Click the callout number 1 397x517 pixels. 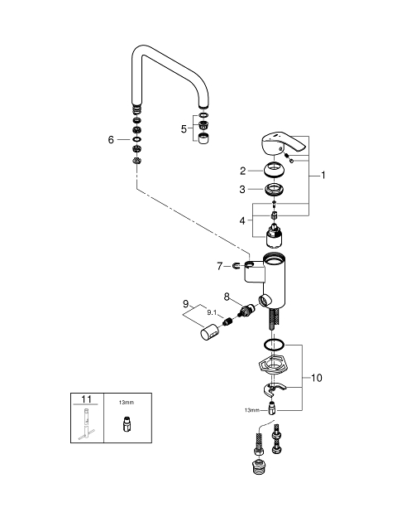pos(323,176)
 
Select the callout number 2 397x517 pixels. pos(243,171)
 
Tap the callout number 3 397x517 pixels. pos(242,190)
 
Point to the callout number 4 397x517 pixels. pos(242,220)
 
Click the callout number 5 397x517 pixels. pos(184,129)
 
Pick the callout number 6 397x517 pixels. pos(111,140)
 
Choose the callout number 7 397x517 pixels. pos(220,266)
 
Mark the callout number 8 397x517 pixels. pos(227,297)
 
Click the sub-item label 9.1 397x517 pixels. pos(212,312)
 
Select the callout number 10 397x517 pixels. pos(317,378)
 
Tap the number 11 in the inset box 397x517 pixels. pos(86,399)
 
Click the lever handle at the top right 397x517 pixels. pos(284,144)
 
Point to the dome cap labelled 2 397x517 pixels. pos(274,169)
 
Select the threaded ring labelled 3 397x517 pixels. pos(275,190)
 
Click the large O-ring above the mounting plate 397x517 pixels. pos(274,345)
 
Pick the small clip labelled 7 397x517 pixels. pos(236,265)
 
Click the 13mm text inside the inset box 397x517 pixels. pos(127,403)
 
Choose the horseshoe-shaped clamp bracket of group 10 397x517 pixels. pos(275,389)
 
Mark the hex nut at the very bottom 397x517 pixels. pos(260,466)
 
